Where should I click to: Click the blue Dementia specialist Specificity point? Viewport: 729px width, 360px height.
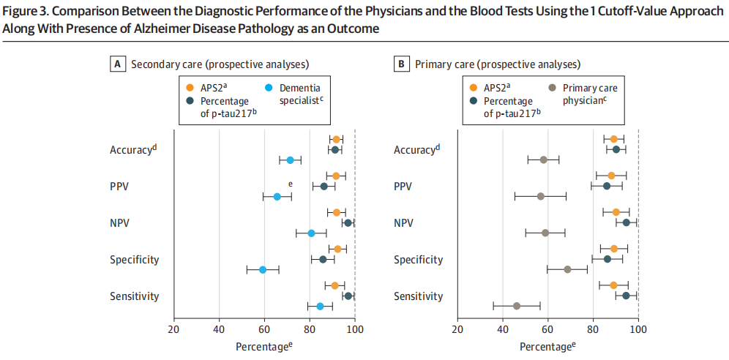click(263, 270)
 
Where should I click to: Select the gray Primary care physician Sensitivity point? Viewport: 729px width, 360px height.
click(517, 306)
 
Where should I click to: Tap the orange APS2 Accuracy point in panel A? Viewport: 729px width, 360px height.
click(337, 139)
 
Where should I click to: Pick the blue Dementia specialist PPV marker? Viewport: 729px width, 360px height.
click(277, 197)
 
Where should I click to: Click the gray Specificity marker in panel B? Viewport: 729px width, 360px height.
click(567, 269)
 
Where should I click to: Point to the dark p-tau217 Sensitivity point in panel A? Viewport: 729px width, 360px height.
click(348, 296)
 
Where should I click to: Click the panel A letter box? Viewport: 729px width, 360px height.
click(116, 64)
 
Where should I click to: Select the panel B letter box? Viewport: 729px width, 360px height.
click(401, 64)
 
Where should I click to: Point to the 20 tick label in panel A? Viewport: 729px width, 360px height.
click(173, 329)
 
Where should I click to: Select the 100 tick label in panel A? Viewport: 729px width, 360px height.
click(355, 329)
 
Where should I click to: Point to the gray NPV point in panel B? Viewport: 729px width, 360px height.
click(545, 233)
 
